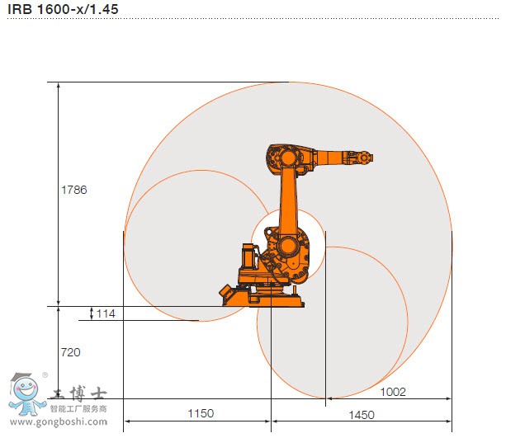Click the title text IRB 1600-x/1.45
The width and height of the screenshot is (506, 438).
tap(63, 9)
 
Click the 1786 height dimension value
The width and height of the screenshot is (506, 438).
tap(74, 190)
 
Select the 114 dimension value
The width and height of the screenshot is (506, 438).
tap(106, 313)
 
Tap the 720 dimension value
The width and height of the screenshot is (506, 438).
tap(71, 352)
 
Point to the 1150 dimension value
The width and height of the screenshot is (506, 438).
tap(201, 413)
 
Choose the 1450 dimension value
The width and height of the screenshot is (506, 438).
tap(362, 415)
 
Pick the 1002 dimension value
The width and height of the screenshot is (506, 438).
tap(393, 392)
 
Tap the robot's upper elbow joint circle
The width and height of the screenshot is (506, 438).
tap(288, 158)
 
